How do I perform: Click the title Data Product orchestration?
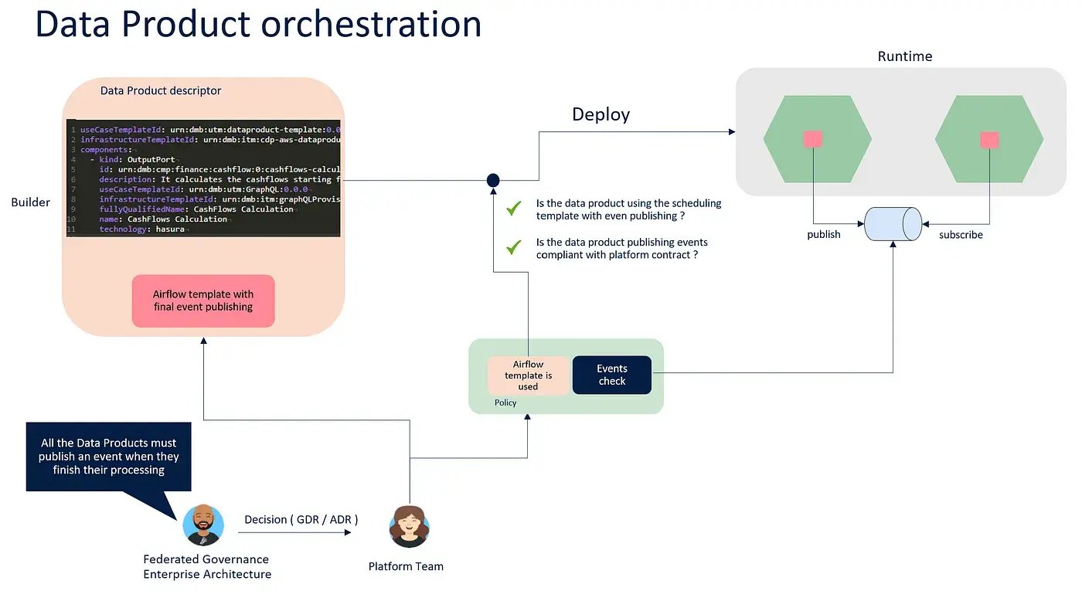click(258, 23)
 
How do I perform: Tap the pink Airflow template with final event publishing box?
click(203, 301)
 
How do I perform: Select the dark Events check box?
click(611, 375)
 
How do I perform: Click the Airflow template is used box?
click(528, 375)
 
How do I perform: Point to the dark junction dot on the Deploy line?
click(493, 180)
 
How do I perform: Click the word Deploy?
click(601, 114)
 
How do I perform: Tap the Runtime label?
click(904, 56)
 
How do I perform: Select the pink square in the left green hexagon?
click(813, 139)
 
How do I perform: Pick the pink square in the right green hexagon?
click(989, 140)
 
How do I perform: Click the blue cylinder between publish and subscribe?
click(893, 224)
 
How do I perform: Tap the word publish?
click(823, 234)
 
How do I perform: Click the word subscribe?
click(961, 234)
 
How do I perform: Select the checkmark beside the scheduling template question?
click(514, 209)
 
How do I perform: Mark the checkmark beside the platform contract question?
click(514, 248)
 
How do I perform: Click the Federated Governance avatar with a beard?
click(203, 525)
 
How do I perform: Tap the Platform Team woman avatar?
click(409, 527)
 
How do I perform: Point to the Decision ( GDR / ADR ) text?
click(301, 519)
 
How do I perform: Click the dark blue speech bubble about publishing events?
click(108, 457)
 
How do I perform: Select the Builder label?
click(31, 202)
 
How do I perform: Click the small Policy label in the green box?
click(505, 402)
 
